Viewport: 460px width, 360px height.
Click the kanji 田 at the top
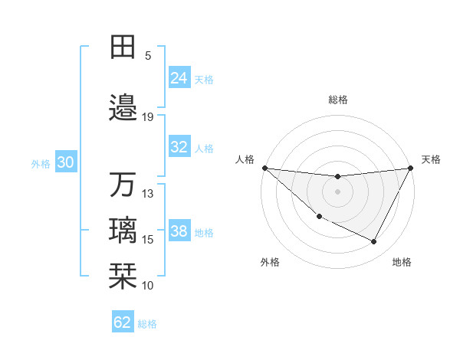[x=123, y=47]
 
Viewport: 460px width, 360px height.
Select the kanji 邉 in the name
[x=123, y=107]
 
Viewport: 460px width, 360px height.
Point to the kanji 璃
[x=123, y=231]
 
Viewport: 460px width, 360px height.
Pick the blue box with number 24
[x=179, y=78]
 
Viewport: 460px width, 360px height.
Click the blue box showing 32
[x=179, y=148]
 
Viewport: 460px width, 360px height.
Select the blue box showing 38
[x=179, y=232]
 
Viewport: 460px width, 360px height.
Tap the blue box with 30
[x=65, y=163]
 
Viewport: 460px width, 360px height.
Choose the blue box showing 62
[x=123, y=322]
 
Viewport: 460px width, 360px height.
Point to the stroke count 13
[x=148, y=194]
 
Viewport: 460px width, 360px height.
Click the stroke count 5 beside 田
[x=148, y=56]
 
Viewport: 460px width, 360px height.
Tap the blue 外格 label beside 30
[x=41, y=164]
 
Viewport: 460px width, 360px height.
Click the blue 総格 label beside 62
[x=147, y=324]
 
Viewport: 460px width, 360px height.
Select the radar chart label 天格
[x=431, y=159]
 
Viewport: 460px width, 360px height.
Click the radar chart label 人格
[x=245, y=159]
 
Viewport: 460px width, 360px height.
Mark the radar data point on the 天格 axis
[x=411, y=168]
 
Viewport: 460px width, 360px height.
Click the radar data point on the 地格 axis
[x=374, y=242]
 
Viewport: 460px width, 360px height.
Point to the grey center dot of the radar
[x=337, y=191]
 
